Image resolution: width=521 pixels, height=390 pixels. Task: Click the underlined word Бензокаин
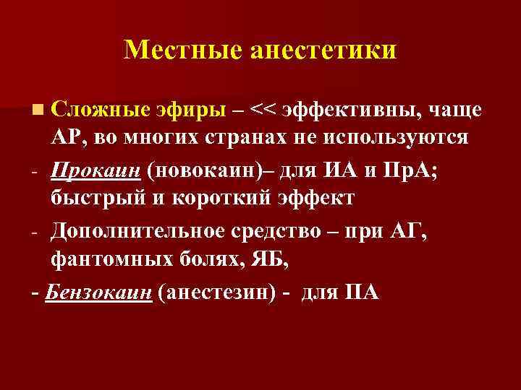(x=98, y=292)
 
